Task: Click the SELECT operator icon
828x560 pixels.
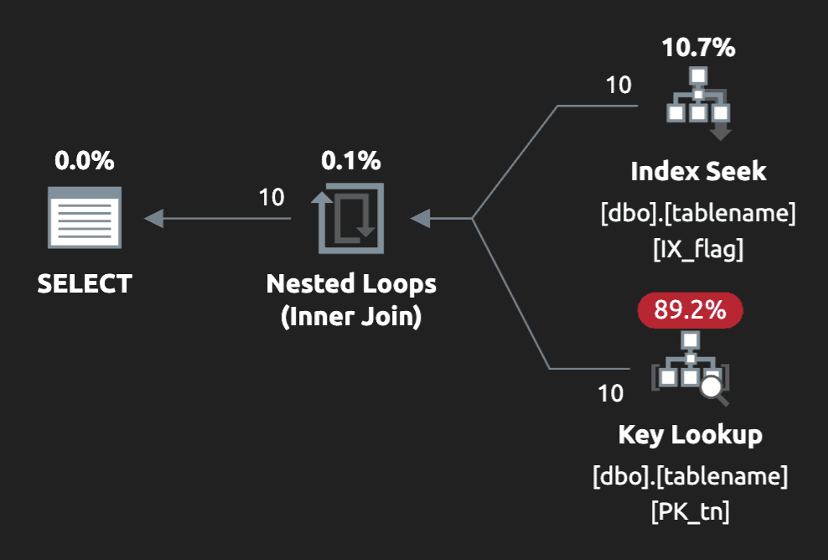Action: [85, 218]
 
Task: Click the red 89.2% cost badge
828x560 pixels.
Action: [690, 309]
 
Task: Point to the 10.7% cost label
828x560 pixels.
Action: [698, 48]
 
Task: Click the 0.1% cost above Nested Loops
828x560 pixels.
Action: [350, 160]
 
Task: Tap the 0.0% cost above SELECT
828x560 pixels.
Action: [85, 160]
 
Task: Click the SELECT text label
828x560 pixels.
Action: [85, 283]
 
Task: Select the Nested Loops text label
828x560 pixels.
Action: [351, 283]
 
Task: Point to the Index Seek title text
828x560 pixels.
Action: [698, 172]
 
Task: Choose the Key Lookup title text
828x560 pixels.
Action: [690, 435]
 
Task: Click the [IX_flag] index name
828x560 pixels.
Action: [698, 249]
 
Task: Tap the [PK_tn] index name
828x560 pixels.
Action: [690, 511]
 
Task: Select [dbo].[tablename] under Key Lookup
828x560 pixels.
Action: [690, 476]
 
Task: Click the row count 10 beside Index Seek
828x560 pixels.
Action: [618, 86]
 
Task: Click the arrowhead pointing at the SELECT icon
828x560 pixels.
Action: [153, 219]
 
